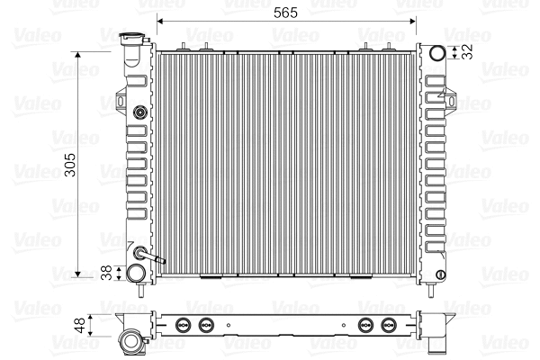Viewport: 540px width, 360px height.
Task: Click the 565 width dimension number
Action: tap(287, 13)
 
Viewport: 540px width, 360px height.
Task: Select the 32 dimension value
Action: tap(467, 52)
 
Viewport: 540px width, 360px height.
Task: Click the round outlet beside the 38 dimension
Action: tap(136, 272)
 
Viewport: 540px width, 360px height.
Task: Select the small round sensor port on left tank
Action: tap(139, 113)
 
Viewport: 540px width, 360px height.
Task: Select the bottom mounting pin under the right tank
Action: tap(436, 288)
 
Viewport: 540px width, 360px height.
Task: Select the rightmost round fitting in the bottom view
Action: tap(390, 325)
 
